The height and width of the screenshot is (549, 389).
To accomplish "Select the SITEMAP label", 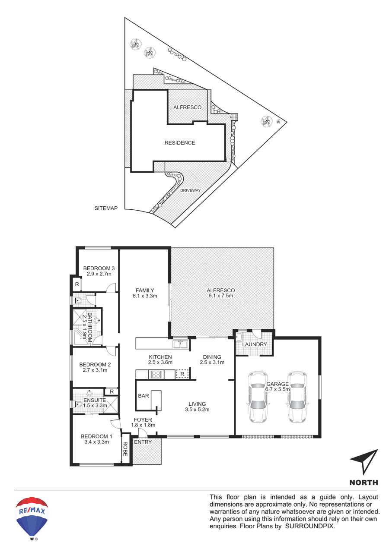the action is click(106, 208).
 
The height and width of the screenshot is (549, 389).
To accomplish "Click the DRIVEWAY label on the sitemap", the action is click(190, 190).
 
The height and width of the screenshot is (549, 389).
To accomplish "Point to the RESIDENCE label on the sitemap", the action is click(180, 142).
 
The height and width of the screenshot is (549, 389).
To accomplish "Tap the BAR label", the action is click(143, 396).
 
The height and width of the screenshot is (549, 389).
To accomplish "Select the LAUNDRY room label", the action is click(255, 344).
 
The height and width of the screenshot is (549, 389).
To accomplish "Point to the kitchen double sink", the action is click(180, 344).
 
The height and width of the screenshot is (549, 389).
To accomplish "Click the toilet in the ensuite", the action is click(78, 404).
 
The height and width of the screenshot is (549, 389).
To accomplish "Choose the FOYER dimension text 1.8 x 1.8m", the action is click(143, 425).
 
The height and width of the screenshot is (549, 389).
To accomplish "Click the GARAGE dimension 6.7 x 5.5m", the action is click(277, 389).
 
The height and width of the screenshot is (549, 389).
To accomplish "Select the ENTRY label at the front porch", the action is click(143, 442).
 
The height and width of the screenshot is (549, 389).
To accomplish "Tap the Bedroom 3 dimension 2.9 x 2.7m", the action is click(99, 274).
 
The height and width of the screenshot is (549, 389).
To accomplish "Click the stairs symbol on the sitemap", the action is click(234, 117).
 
